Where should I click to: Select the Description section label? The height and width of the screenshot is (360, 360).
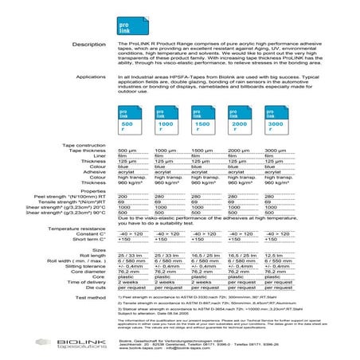[x=88, y=44]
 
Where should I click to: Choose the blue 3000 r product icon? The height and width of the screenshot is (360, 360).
[x=276, y=121]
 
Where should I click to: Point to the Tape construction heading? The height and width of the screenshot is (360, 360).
[x=84, y=144]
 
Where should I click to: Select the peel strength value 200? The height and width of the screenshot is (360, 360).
[x=123, y=195]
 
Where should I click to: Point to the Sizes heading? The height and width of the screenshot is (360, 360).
[x=98, y=248]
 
